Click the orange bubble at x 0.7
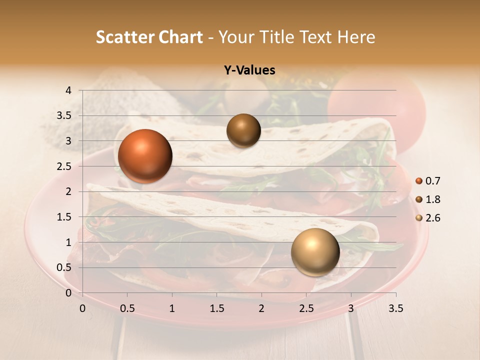pos(145,156)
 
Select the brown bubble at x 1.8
pos(243,130)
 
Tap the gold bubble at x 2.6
pos(315,252)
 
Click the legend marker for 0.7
pos(419,181)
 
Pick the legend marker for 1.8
pos(419,199)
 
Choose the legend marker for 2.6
pos(419,218)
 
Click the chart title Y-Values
pos(249,70)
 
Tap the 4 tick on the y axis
pos(68,90)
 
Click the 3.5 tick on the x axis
pos(395,309)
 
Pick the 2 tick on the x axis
pos(261,309)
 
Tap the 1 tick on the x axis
pos(172,309)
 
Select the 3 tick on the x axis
pos(351,309)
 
